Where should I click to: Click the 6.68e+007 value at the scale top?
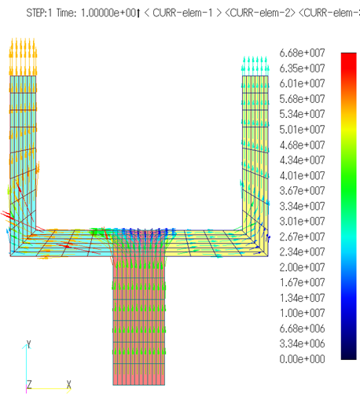(302, 53)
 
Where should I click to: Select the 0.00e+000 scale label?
(302, 359)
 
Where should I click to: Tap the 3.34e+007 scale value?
(302, 206)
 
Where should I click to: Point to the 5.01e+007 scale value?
(302, 130)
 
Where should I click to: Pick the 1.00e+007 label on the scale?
(302, 313)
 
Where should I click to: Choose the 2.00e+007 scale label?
(302, 267)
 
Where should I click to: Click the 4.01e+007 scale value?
(302, 175)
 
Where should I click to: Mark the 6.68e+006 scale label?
(302, 329)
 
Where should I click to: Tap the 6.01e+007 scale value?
(302, 83)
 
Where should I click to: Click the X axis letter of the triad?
(68, 384)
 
